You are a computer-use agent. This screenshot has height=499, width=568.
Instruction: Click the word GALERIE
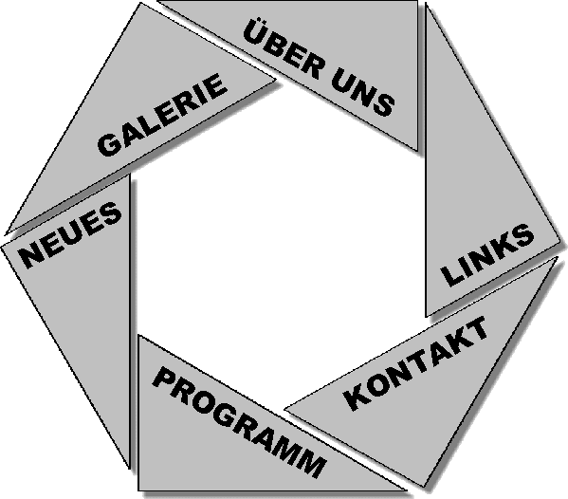[162, 115]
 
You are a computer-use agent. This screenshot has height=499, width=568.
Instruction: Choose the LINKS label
[487, 255]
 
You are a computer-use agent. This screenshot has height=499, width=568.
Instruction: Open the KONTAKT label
[415, 364]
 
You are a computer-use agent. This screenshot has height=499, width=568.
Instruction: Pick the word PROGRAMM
[239, 421]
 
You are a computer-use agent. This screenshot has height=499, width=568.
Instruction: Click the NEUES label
[70, 235]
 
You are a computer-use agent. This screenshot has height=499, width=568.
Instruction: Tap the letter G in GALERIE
[109, 145]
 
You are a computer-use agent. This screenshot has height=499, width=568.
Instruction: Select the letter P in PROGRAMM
[164, 378]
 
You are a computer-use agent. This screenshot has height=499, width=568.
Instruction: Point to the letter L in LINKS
[452, 275]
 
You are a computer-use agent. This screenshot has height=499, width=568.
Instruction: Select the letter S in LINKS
[522, 235]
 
